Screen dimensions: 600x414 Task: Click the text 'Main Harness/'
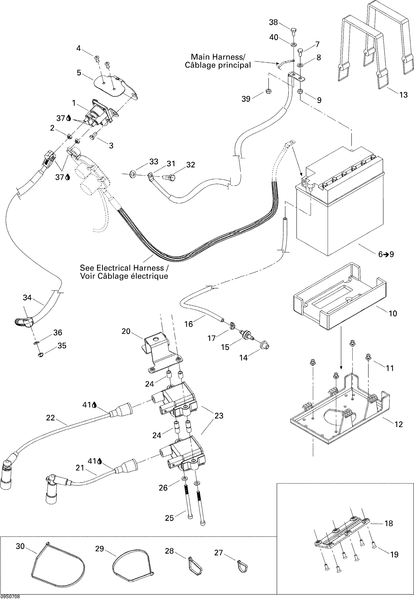click(x=218, y=57)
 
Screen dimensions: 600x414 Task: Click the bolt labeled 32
click(x=169, y=178)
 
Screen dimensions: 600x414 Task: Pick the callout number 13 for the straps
click(x=403, y=95)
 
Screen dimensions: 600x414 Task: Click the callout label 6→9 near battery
click(x=386, y=254)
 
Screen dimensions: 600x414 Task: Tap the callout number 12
click(x=398, y=424)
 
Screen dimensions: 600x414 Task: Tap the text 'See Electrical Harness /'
click(x=122, y=268)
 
